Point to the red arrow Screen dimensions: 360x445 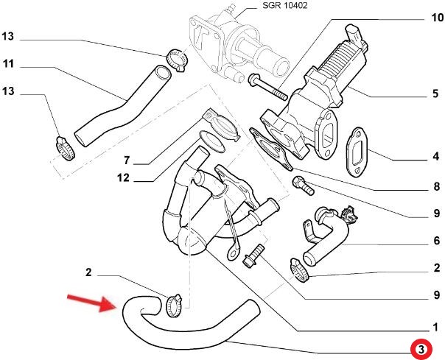point(87,302)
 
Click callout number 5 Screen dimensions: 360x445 point(435,93)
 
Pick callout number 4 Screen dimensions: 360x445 point(435,157)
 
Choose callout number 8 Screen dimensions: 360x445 point(435,187)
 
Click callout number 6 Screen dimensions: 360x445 point(435,241)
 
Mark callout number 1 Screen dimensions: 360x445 point(435,326)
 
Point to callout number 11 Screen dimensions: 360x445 point(9,65)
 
